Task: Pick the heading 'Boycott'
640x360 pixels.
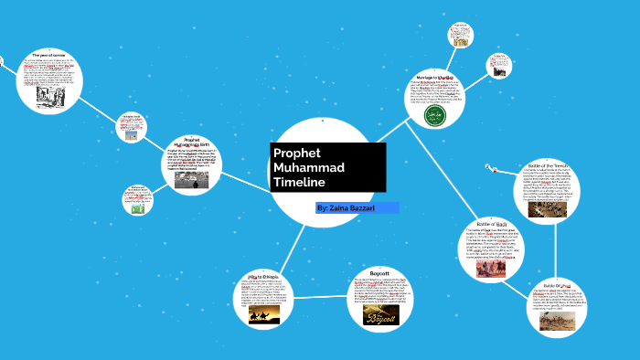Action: pyautogui.click(x=378, y=271)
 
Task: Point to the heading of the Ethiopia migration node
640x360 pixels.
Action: pyautogui.click(x=267, y=275)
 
